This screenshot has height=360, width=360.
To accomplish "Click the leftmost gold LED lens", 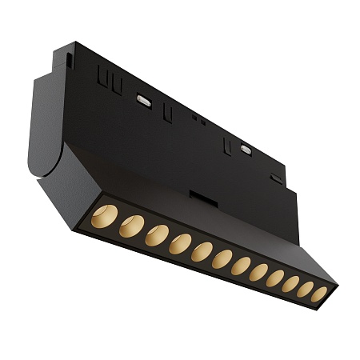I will click(x=104, y=216).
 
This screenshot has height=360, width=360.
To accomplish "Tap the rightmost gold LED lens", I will click(x=318, y=294).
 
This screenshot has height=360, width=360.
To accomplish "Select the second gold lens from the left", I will click(x=131, y=226).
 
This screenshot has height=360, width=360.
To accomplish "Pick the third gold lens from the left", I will click(x=157, y=235).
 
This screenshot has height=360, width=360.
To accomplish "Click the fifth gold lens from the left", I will click(x=202, y=251).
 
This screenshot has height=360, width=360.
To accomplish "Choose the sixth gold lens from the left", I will click(x=222, y=259).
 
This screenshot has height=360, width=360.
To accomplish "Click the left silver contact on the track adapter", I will click(x=144, y=100).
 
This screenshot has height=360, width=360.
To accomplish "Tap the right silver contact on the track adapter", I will click(x=245, y=149).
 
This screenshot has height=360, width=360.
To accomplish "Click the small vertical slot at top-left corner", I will click(x=70, y=59).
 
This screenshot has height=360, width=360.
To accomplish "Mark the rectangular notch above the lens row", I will click(x=203, y=195).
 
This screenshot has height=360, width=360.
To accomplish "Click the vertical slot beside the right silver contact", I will click(x=228, y=146).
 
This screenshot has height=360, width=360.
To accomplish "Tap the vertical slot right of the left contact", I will click(x=168, y=114).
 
